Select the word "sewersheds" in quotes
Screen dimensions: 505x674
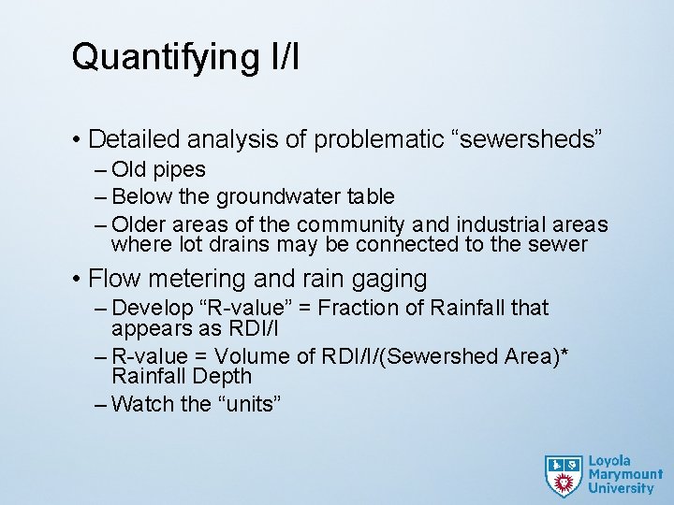point(524,140)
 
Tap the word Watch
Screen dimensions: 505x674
point(141,404)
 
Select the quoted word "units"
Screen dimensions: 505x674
point(249,404)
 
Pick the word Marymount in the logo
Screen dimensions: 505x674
point(624,474)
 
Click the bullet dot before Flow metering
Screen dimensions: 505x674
point(77,279)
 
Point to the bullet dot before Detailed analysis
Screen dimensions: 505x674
point(77,140)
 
